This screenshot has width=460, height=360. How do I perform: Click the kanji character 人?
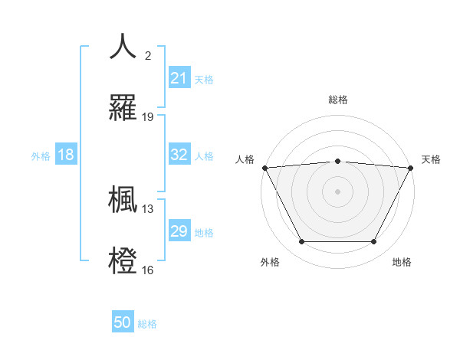[123, 47]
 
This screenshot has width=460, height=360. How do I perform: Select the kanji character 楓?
[123, 198]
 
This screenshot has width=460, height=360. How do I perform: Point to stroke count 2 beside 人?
[148, 56]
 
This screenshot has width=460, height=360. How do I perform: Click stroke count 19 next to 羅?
[148, 117]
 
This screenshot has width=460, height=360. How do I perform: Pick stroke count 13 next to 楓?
[148, 208]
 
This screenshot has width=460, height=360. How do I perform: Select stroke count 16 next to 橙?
[148, 270]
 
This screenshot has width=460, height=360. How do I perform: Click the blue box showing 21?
[179, 78]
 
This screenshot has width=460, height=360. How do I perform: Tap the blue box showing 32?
[179, 155]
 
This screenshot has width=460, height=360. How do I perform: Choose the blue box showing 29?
[179, 231]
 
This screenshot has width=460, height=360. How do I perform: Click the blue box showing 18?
[65, 155]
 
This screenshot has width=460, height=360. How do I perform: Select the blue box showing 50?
[123, 322]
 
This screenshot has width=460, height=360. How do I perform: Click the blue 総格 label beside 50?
[147, 324]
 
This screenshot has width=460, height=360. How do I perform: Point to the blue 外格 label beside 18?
[41, 156]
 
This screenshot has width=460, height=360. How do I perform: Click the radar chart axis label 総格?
[337, 100]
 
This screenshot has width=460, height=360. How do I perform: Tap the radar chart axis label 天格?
[431, 159]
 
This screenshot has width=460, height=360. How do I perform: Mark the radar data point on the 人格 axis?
[264, 167]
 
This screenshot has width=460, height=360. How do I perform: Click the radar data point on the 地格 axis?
[374, 242]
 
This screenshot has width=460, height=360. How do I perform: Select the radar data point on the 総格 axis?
[337, 161]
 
